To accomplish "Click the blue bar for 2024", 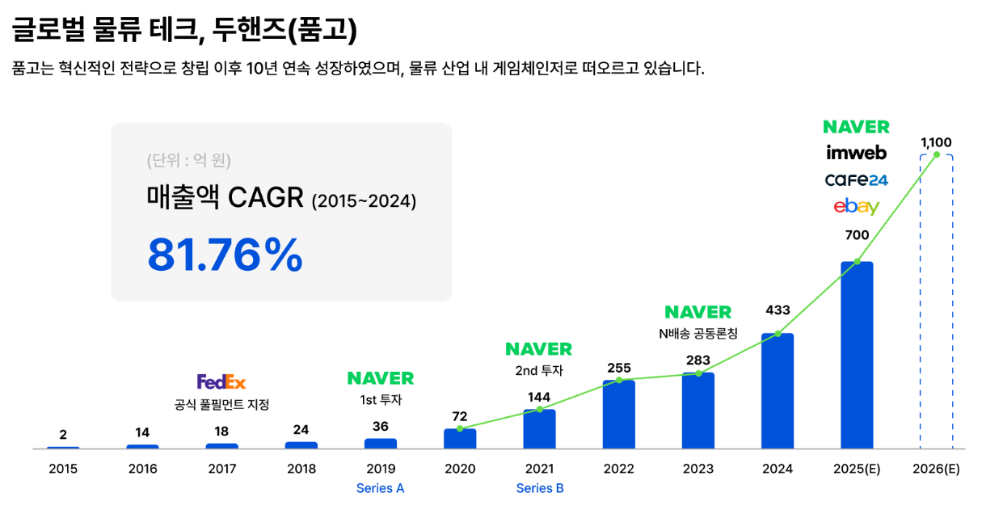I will click(778, 391).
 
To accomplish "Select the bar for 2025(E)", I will click(857, 355).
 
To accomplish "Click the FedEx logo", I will click(221, 381).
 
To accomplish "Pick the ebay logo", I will click(856, 207).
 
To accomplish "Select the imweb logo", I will click(856, 153).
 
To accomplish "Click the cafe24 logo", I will click(856, 179).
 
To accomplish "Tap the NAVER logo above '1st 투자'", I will click(381, 378).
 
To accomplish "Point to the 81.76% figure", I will click(225, 255).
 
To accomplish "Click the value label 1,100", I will click(936, 142).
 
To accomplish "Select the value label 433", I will click(778, 310).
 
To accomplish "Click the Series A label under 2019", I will click(381, 488).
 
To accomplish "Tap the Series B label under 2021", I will click(540, 488).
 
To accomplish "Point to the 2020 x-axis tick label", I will click(460, 469).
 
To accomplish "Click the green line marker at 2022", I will click(619, 380).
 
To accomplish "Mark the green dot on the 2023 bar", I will click(698, 373).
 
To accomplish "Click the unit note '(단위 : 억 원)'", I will click(189, 160).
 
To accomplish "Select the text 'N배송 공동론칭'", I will click(698, 333).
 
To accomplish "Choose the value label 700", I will click(857, 235).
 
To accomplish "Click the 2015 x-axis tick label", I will click(63, 469).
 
